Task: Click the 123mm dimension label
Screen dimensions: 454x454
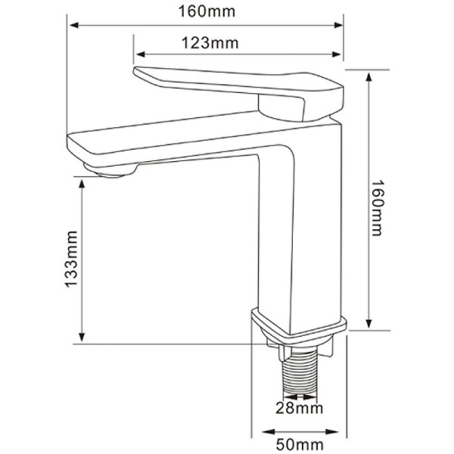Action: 210,43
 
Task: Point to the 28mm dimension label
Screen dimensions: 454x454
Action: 300,409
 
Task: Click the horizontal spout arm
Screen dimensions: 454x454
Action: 174,140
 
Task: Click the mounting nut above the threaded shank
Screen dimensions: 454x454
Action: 300,349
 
